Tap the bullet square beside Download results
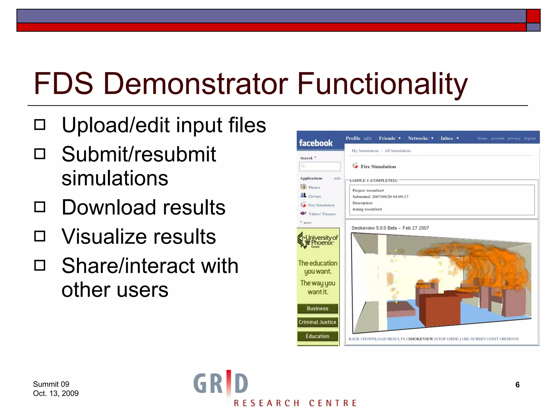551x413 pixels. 40,207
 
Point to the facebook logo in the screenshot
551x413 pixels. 316,143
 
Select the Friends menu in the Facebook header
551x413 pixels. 387,138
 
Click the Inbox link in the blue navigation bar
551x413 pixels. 447,138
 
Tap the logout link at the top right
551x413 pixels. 530,138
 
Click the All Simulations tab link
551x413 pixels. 397,151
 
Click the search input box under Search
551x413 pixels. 320,166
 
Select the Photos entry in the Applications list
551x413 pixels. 314,187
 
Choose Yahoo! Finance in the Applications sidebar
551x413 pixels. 322,214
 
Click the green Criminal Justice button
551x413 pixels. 317,322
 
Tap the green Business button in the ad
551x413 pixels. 317,308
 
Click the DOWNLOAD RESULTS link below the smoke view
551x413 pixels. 383,339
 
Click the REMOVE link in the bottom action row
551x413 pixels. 510,339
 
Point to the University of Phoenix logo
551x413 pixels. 318,241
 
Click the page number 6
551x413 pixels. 517,385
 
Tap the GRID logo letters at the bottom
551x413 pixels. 221,383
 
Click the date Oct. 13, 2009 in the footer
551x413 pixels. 56,393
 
